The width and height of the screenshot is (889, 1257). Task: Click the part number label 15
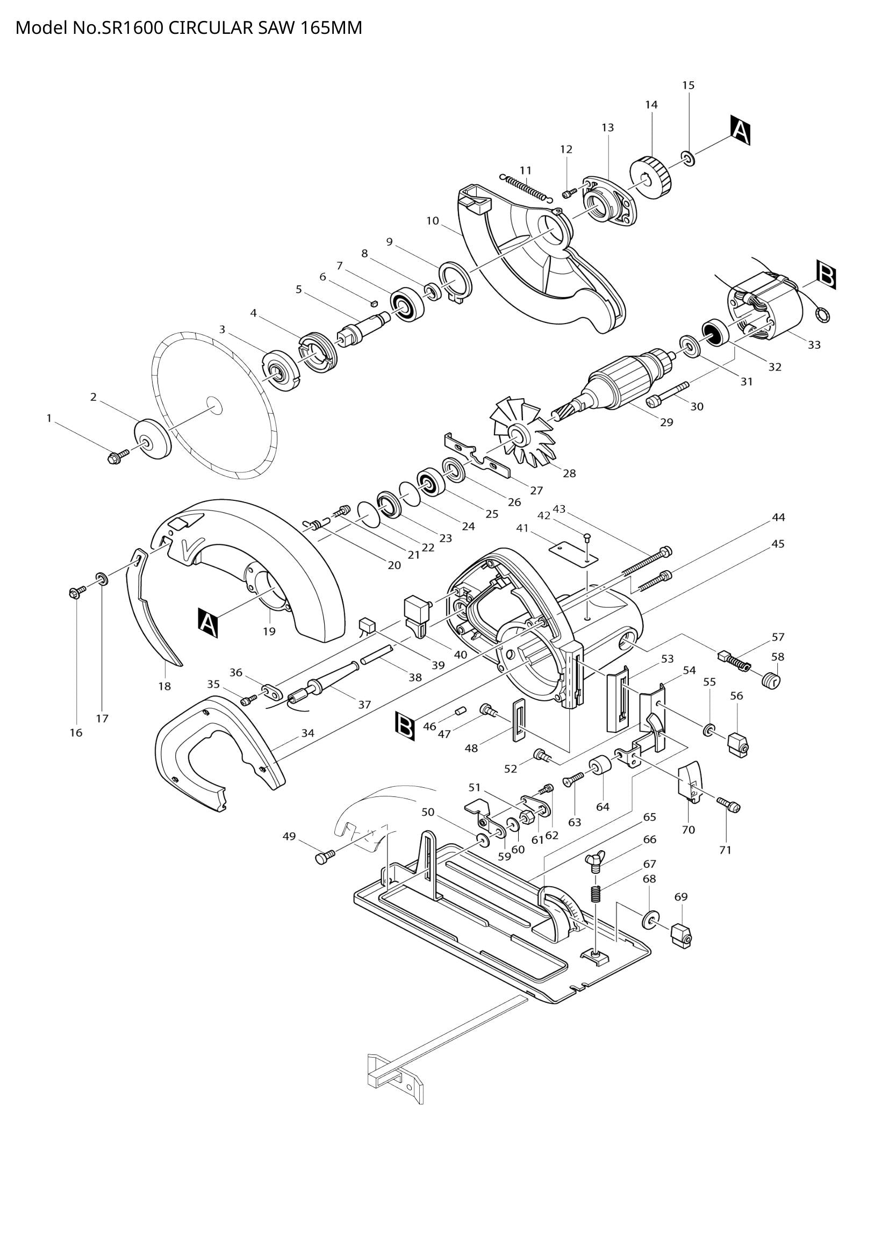click(x=688, y=85)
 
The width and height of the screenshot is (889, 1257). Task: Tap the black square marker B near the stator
click(x=826, y=275)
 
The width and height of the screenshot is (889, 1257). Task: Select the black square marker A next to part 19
click(x=207, y=623)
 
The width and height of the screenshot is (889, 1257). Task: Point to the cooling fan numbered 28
click(x=517, y=436)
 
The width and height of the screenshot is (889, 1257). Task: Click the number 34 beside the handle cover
click(x=307, y=732)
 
